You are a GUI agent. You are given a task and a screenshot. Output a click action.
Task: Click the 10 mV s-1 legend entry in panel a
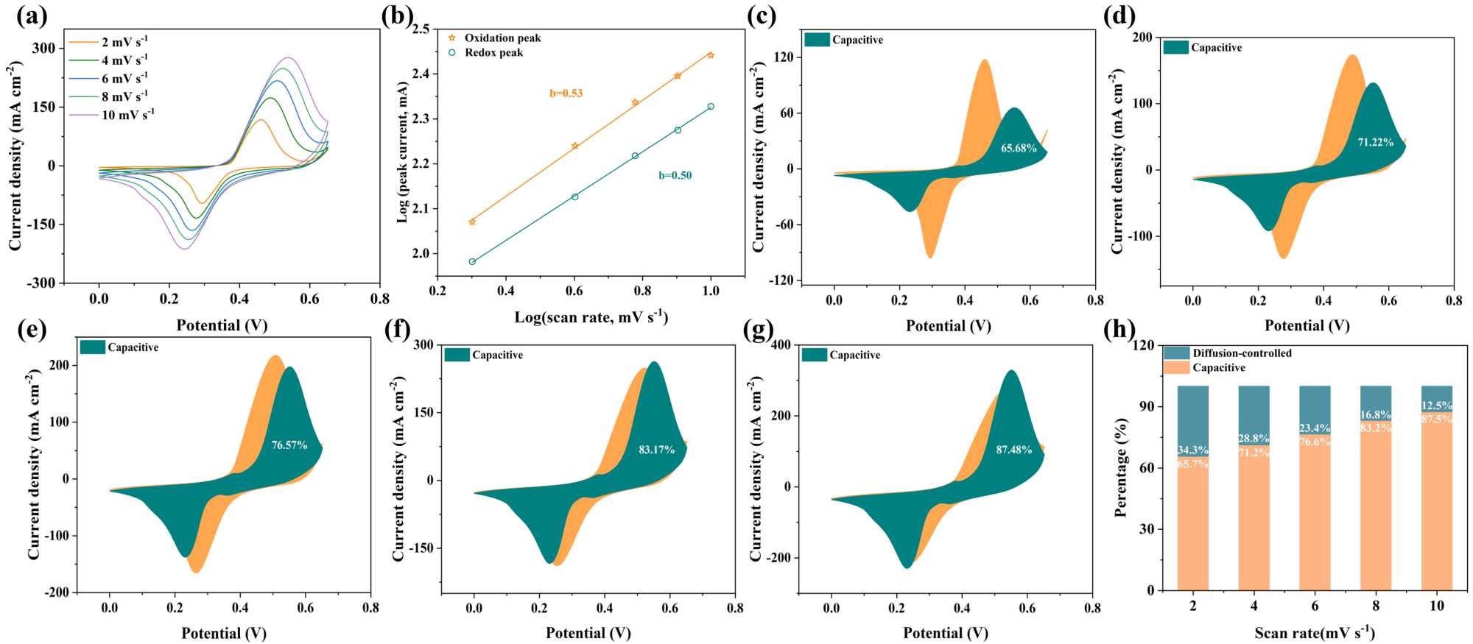[127, 115]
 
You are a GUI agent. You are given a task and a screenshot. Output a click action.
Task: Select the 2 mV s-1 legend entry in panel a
[124, 42]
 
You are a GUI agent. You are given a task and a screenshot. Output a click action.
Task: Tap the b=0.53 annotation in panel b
[566, 93]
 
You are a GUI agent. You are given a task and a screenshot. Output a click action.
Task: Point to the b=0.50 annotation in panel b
[675, 175]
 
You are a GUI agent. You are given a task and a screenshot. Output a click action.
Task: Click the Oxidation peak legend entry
[502, 38]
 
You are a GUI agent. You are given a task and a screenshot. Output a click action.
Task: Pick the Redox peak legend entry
[493, 53]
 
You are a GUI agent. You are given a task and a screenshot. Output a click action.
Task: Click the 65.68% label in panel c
[1019, 149]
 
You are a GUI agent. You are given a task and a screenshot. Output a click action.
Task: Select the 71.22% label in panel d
[1376, 143]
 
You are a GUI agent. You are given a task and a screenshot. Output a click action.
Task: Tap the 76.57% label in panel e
[289, 445]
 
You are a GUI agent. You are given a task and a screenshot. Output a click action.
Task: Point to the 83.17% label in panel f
[656, 450]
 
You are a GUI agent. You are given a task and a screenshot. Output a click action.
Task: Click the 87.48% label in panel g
[1014, 450]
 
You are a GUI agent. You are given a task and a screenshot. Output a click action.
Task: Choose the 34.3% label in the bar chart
[1192, 450]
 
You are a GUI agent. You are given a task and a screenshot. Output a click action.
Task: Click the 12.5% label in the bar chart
[1437, 406]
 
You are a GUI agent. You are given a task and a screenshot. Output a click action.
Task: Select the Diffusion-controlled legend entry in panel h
[1242, 353]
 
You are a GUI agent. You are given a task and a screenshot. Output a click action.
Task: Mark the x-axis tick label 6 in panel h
[1315, 606]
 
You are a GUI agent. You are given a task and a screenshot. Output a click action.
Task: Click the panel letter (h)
[1119, 330]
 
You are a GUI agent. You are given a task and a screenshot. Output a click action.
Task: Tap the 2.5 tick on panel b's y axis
[421, 29]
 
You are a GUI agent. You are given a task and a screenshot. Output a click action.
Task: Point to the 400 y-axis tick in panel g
[780, 345]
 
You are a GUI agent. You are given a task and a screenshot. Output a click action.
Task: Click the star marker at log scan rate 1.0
[711, 55]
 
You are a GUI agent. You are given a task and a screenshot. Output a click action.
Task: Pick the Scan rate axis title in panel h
[1315, 632]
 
